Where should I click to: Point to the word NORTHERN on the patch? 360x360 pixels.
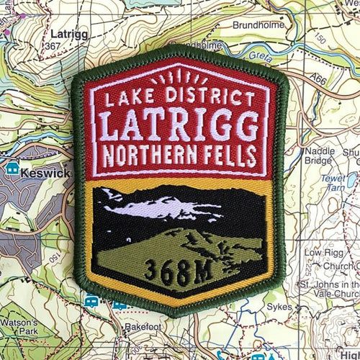[x=153, y=156]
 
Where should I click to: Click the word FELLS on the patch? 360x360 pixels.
[x=230, y=155]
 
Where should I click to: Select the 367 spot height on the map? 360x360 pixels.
[x=52, y=46]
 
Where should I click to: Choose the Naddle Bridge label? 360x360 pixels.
[x=320, y=156]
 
